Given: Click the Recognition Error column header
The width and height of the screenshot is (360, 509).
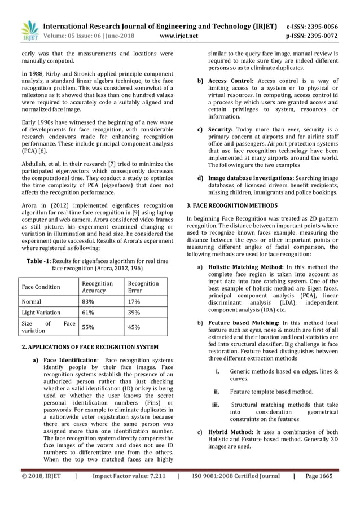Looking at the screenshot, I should (143, 287).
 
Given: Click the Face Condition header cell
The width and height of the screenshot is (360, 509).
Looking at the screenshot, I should (41, 287).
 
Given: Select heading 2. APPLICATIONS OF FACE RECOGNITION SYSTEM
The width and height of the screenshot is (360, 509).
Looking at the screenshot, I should (90, 346).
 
